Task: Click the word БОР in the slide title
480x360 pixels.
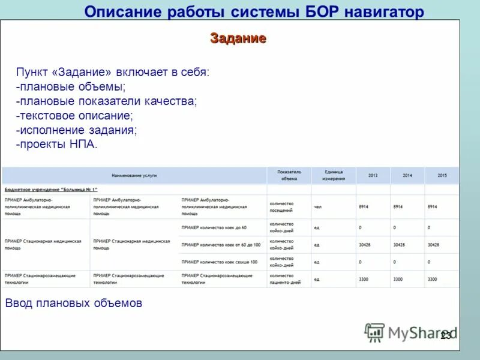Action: [325, 11]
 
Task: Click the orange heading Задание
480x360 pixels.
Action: [238, 39]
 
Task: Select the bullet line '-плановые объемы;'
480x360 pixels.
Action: [67, 88]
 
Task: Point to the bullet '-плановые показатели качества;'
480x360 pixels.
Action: [106, 102]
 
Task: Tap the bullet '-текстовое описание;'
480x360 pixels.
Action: [74, 116]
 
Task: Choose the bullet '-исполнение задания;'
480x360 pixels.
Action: [77, 130]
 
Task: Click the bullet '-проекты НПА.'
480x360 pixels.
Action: [56, 145]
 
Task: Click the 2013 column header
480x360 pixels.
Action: [373, 175]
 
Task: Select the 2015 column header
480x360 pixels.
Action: [442, 175]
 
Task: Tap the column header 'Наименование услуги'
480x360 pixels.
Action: [134, 175]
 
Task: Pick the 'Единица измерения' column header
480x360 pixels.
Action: [334, 175]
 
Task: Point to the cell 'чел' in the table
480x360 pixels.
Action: [318, 206]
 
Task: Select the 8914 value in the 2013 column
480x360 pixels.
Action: [364, 206]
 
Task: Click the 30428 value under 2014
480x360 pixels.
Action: [398, 245]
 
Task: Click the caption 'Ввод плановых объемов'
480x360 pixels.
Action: [74, 303]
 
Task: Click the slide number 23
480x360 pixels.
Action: [446, 336]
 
